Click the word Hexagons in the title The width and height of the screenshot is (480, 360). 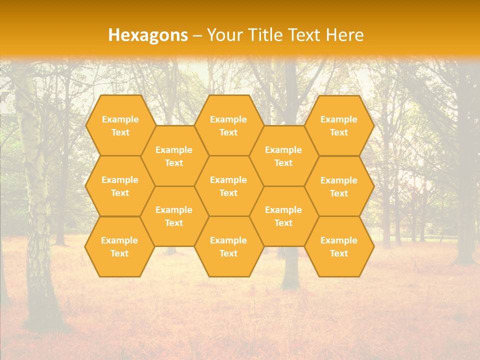[x=148, y=35]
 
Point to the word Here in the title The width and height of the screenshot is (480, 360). [x=344, y=35]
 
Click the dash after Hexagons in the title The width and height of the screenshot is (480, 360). [x=197, y=35]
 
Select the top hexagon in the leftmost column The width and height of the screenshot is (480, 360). [x=120, y=125]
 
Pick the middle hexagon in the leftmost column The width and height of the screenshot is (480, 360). [x=120, y=186]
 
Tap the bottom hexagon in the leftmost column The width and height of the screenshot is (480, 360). [x=119, y=246]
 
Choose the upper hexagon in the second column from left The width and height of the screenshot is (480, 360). [x=174, y=156]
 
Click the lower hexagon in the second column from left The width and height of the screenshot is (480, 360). [x=174, y=216]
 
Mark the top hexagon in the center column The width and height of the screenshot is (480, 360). [x=228, y=125]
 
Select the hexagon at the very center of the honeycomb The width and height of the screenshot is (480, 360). [x=228, y=186]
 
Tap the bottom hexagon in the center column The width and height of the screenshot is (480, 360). [x=228, y=246]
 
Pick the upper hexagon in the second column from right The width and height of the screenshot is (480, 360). [x=283, y=156]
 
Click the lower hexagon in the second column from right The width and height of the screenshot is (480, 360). [x=283, y=216]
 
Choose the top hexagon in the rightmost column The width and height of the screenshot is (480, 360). [x=339, y=125]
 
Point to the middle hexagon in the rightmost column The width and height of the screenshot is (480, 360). [x=339, y=186]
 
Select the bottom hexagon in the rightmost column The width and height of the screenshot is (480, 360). [x=339, y=246]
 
